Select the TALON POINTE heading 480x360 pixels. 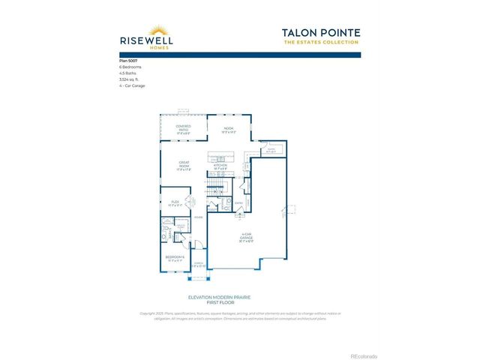pyautogui.click(x=322, y=33)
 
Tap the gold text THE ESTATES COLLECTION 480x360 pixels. pyautogui.click(x=322, y=42)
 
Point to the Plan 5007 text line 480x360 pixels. pyautogui.click(x=129, y=60)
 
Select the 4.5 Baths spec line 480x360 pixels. pyautogui.click(x=128, y=73)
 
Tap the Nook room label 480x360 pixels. pyautogui.click(x=229, y=129)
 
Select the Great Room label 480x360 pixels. pyautogui.click(x=184, y=165)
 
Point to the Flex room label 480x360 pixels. pyautogui.click(x=175, y=202)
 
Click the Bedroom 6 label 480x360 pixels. pyautogui.click(x=175, y=259)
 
